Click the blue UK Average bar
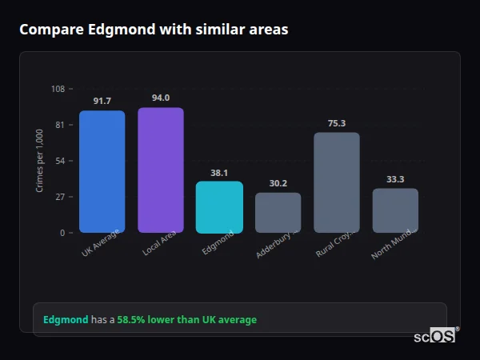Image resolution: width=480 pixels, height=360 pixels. coord(102,171)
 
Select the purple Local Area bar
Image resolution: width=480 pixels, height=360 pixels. coord(161,170)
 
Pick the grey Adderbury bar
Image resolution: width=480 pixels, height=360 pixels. coord(278,212)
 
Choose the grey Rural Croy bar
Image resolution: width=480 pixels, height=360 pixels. coord(337,182)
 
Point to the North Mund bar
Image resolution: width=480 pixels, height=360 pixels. coord(395,210)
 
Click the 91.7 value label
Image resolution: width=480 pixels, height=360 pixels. coord(102,101)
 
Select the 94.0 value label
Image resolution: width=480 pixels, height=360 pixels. coord(161,98)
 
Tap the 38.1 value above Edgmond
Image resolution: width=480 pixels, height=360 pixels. coord(219,172)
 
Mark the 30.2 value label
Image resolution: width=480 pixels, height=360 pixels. coord(278,183)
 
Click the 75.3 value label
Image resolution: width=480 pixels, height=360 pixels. coord(337,123)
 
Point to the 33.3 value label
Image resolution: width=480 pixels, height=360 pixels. coord(395,179)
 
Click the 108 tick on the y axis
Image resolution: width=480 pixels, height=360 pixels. coord(58,89)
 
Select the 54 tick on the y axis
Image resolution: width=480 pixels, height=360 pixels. coord(60,161)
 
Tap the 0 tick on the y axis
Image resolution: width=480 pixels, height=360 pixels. coord(62,233)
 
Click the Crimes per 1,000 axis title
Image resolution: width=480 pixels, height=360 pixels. coord(39,161)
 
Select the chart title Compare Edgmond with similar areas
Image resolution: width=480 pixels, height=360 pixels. coord(154,30)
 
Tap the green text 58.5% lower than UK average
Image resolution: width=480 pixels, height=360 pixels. coord(187,320)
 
